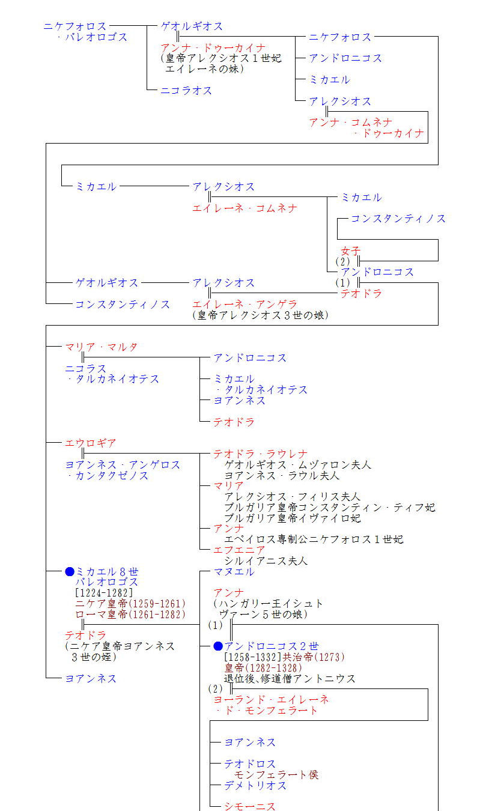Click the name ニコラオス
pyautogui.click(x=186, y=91)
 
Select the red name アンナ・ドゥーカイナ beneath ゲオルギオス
pyautogui.click(x=213, y=48)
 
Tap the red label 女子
pyautogui.click(x=351, y=251)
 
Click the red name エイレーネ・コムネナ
pyautogui.click(x=245, y=208)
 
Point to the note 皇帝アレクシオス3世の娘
pyautogui.click(x=261, y=315)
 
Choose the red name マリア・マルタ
pyautogui.click(x=102, y=347)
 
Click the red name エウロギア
pyautogui.click(x=91, y=443)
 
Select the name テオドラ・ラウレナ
pyautogui.click(x=260, y=454)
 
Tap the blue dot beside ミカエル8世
pyautogui.click(x=70, y=572)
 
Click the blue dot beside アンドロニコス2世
pyautogui.click(x=218, y=646)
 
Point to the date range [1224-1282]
pyautogui.click(x=104, y=593)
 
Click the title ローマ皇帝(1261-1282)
pyautogui.click(x=130, y=614)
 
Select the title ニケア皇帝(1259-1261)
pyautogui.click(x=130, y=604)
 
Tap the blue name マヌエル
pyautogui.click(x=234, y=572)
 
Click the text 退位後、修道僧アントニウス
pyautogui.click(x=290, y=678)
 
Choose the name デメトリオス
pyautogui.click(x=255, y=785)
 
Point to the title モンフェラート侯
pyautogui.click(x=276, y=774)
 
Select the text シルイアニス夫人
pyautogui.click(x=266, y=561)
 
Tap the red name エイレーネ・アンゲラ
pyautogui.click(x=245, y=304)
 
